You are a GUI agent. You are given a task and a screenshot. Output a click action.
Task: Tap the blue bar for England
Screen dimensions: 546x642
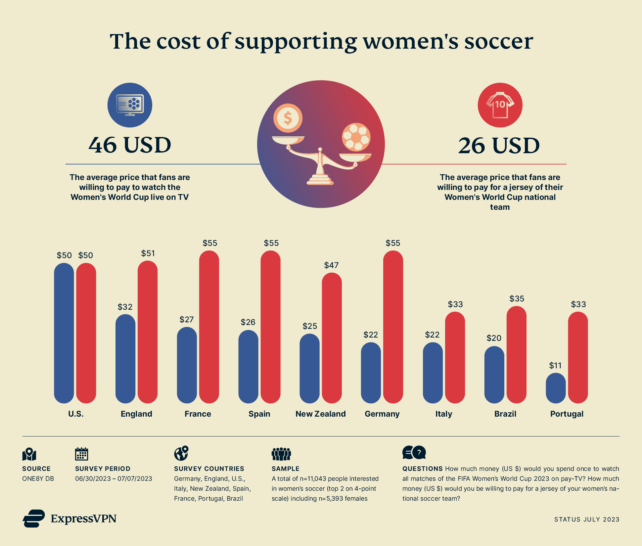point(125,359)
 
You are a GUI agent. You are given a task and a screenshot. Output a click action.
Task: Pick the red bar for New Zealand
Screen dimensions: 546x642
point(332,338)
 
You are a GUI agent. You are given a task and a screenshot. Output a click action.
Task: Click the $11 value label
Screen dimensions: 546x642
point(555,366)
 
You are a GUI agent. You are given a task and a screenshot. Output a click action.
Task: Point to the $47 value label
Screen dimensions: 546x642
point(331,265)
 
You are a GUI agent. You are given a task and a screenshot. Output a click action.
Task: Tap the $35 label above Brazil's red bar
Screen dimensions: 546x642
point(517,299)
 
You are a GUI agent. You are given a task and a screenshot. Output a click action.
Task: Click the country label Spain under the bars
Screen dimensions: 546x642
point(259,414)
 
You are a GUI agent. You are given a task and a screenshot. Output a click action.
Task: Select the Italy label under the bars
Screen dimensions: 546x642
point(443,414)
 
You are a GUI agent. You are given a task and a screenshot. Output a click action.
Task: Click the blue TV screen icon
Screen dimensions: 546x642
point(130,105)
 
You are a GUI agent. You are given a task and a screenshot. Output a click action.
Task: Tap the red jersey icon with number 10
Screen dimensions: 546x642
point(500,105)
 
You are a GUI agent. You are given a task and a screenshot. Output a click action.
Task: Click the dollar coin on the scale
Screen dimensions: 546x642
point(288,118)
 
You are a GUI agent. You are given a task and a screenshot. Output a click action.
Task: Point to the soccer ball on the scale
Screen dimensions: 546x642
point(356,137)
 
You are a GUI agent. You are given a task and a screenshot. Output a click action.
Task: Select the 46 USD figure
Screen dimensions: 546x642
point(130,145)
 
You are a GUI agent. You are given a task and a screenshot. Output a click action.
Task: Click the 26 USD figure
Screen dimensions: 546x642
point(499,146)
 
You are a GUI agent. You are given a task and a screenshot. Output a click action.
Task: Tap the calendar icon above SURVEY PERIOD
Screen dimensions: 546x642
point(81,454)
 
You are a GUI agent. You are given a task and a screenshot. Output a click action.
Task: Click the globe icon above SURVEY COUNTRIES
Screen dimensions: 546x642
point(181,453)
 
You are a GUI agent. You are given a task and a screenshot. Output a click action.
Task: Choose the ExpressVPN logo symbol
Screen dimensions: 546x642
point(34,519)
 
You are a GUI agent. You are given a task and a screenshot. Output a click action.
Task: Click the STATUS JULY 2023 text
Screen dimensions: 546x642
point(586,520)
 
